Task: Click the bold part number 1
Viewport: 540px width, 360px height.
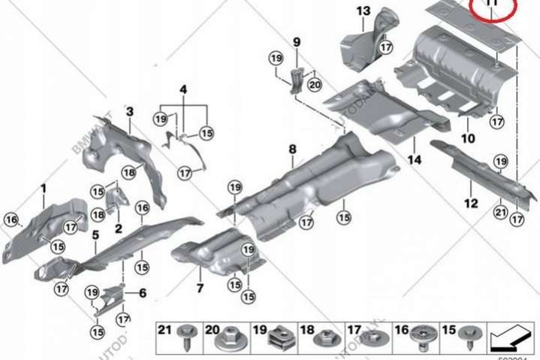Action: coord(44,187)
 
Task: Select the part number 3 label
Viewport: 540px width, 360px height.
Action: coord(129,112)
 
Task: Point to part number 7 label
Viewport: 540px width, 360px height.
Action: coord(201,288)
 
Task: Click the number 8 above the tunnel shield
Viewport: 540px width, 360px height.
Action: coord(292,151)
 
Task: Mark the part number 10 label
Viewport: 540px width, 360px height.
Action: coord(468,138)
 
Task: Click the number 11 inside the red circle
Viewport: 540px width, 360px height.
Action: coord(492,4)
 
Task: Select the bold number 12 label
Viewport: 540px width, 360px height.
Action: coord(471,203)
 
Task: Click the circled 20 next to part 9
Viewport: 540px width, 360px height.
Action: coord(314,85)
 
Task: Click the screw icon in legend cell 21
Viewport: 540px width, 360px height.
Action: coord(186,340)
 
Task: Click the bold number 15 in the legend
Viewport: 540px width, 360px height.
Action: coord(448,329)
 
